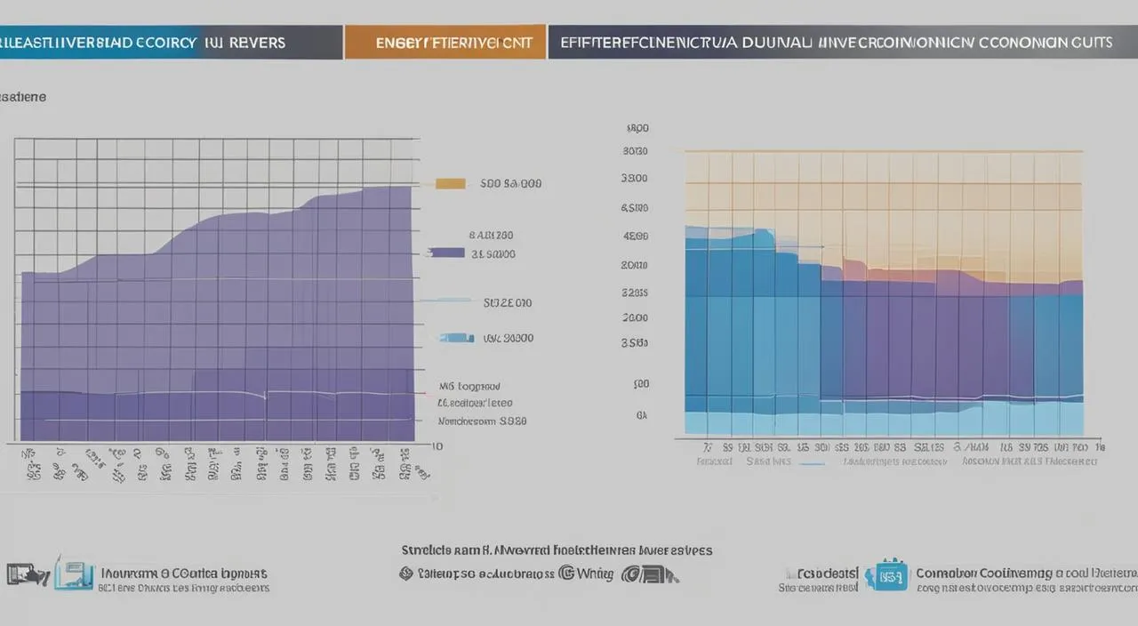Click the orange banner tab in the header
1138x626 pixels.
445,42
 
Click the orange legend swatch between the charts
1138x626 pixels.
451,184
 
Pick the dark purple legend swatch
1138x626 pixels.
446,253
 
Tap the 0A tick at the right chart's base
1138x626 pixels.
641,414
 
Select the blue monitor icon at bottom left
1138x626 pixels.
74,574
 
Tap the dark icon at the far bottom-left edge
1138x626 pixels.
25,574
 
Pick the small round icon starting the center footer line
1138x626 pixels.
406,574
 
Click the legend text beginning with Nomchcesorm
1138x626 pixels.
481,421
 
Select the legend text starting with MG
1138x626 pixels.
469,387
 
